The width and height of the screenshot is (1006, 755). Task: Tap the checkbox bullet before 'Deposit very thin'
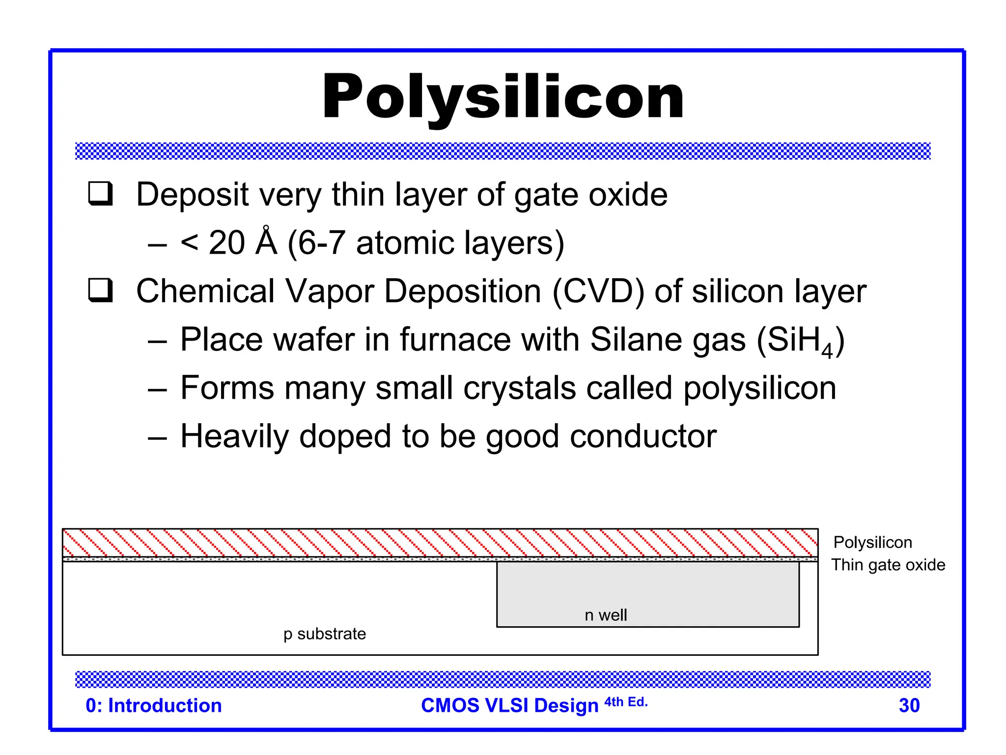coord(101,194)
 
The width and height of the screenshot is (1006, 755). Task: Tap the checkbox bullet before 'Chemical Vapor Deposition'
coord(101,290)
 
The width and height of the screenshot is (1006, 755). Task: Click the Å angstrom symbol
coord(267,242)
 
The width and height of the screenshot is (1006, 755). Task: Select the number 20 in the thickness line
coord(226,243)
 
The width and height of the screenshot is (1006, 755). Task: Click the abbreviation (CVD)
coord(598,291)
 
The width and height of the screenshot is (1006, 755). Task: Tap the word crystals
coord(519,388)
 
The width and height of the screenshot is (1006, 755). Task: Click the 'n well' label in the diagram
coord(606,615)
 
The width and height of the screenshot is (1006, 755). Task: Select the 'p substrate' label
coord(325,634)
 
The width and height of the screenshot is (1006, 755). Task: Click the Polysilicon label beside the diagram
coord(873,542)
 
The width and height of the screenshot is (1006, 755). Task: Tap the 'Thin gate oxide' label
coord(888,565)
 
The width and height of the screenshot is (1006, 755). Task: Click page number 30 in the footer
coord(909,705)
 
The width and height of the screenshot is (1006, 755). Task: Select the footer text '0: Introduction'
coord(154,705)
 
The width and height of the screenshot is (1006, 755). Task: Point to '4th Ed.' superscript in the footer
coord(626,702)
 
